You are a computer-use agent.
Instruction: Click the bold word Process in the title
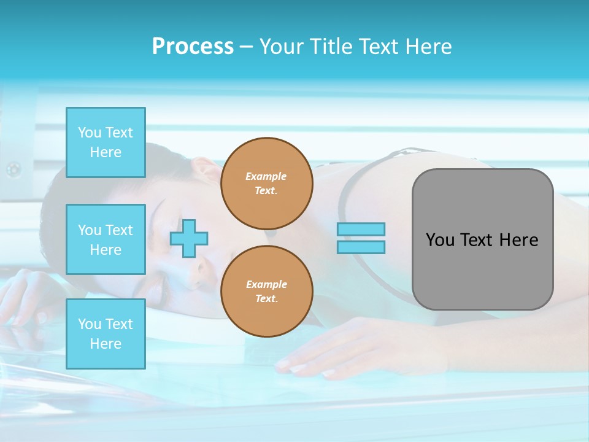pyautogui.click(x=193, y=46)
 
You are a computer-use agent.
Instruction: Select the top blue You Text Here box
pyautogui.click(x=106, y=142)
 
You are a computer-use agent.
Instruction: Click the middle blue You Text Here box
pyautogui.click(x=106, y=239)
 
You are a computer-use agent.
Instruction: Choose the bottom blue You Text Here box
pyautogui.click(x=106, y=333)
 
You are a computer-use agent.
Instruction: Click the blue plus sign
pyautogui.click(x=189, y=238)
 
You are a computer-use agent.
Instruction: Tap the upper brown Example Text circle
pyautogui.click(x=266, y=184)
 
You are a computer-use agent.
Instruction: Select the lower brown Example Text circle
pyautogui.click(x=266, y=292)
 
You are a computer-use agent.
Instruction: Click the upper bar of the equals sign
pyautogui.click(x=361, y=229)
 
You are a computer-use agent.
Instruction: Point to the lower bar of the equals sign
pyautogui.click(x=361, y=247)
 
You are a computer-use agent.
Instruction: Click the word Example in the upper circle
pyautogui.click(x=266, y=176)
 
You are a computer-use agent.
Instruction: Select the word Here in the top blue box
pyautogui.click(x=106, y=152)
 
